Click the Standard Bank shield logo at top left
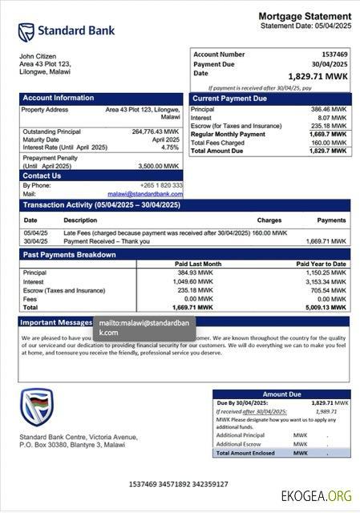click(26, 32)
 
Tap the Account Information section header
click(58, 99)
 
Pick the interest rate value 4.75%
click(170, 147)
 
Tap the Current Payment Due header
click(229, 99)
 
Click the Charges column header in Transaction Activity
click(269, 220)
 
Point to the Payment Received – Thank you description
click(106, 240)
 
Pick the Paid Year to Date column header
click(321, 264)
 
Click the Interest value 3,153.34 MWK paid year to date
click(327, 281)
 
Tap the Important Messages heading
click(56, 322)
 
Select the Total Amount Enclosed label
click(244, 453)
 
